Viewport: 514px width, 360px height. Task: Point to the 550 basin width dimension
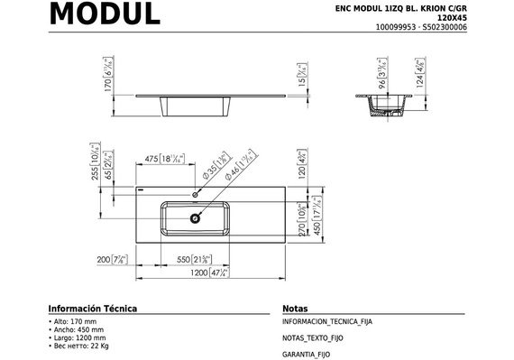(195, 259)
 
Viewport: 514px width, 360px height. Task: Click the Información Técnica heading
(92, 308)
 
